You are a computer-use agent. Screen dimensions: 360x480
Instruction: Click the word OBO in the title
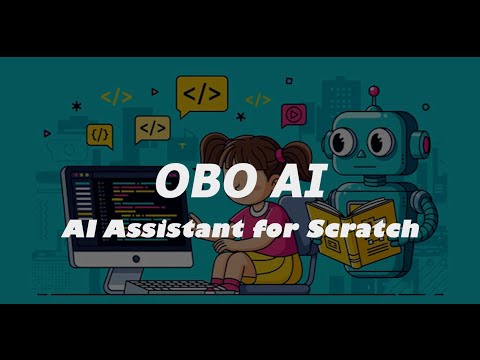pos(200,182)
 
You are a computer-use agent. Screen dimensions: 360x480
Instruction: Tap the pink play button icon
pos(293,113)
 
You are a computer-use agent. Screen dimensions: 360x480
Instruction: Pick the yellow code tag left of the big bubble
pos(117,97)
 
